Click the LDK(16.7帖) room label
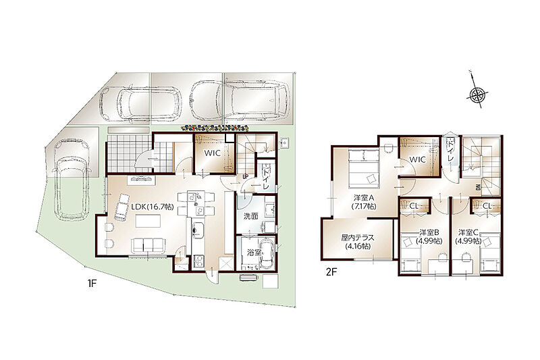153,207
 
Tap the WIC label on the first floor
212,153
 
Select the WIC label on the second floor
418,159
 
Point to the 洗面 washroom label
250,216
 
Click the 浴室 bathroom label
254,252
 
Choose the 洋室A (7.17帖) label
364,202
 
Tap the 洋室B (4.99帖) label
429,236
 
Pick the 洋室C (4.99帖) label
468,236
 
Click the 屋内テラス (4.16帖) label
358,242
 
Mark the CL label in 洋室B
414,206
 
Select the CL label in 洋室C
487,206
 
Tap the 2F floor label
331,272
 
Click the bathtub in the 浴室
267,254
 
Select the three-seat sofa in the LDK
148,246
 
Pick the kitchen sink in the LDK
198,228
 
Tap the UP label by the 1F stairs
246,177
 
